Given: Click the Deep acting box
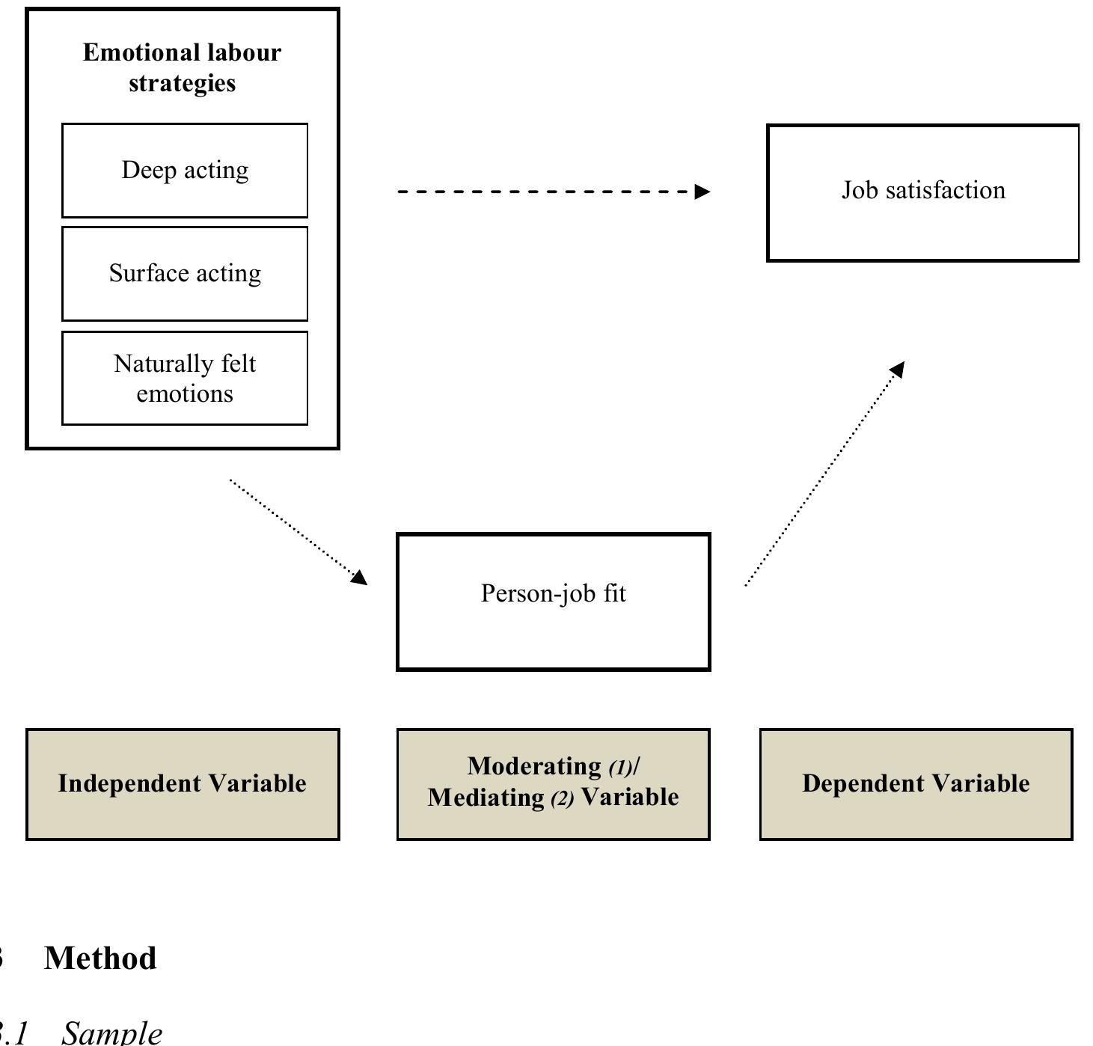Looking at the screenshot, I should [185, 171].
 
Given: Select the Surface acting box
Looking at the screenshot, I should [185, 274].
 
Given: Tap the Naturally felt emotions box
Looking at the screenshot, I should [185, 379].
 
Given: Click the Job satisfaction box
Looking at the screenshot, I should [922, 193].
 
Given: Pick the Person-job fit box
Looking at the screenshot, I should [553, 602].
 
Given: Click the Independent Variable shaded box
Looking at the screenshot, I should [183, 784].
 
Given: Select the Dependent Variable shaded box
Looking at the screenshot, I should [916, 784].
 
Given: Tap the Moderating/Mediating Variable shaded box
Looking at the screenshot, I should [553, 784].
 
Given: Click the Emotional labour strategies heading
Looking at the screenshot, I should [182, 67].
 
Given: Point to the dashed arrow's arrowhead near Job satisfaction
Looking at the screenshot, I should [702, 192].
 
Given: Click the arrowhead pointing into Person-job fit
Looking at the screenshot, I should [360, 577].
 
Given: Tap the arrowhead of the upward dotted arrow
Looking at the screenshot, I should [897, 369].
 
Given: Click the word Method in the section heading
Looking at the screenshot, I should [100, 958].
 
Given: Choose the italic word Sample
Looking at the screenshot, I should [111, 1033].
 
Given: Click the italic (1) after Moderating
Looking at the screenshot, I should [620, 768].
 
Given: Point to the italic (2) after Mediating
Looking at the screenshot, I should [562, 799].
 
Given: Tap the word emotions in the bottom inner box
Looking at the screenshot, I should [185, 394].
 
